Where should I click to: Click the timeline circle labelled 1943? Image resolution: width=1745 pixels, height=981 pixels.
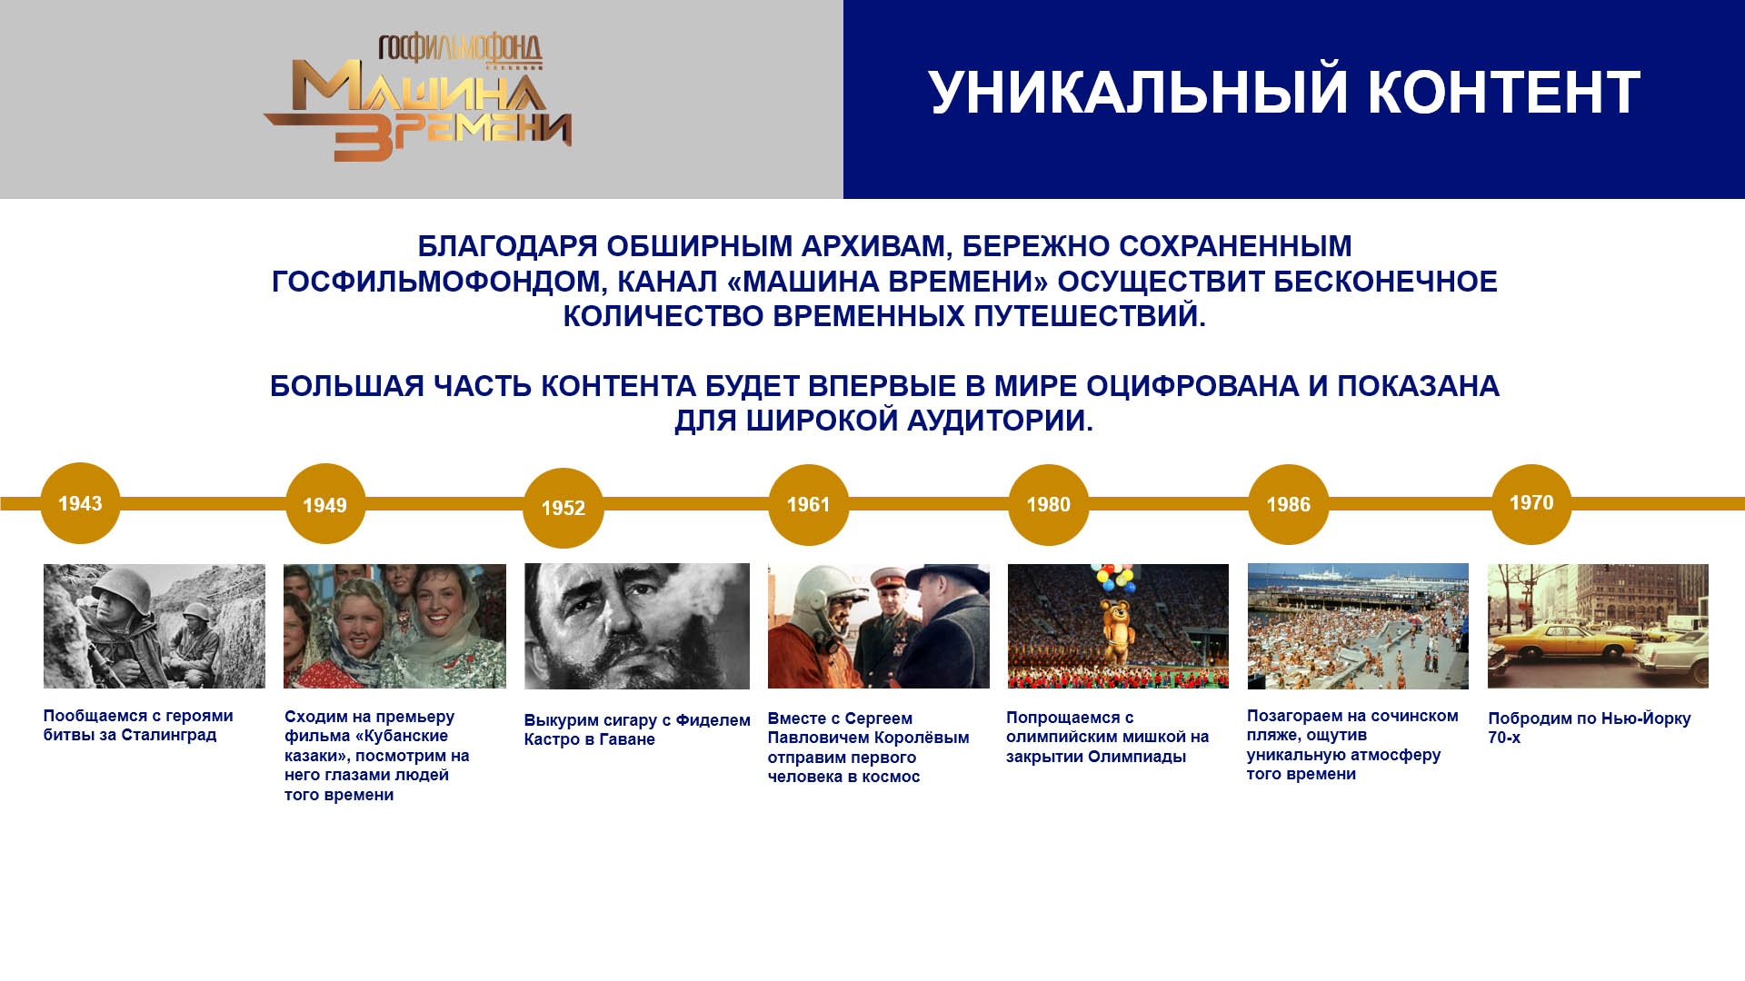[80, 503]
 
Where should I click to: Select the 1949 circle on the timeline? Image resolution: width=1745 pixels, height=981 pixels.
[325, 504]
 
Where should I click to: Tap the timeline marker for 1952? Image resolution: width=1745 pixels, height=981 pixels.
[563, 508]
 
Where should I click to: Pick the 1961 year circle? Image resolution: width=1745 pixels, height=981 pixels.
[808, 505]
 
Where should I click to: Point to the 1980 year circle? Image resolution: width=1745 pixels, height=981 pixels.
[1048, 505]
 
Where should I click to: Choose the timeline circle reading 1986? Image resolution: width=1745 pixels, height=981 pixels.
[1288, 505]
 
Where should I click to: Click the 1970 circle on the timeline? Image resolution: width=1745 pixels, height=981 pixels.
[1531, 504]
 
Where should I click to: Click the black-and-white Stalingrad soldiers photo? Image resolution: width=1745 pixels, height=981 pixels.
[155, 626]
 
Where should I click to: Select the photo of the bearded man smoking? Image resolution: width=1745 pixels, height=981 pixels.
[637, 626]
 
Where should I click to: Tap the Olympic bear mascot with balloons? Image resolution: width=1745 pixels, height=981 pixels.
[1116, 621]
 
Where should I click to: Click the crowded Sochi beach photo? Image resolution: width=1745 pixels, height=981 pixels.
[1358, 626]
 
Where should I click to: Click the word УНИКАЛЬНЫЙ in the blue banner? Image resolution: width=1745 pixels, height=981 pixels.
[1138, 93]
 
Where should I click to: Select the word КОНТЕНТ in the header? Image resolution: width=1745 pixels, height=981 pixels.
[1504, 93]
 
